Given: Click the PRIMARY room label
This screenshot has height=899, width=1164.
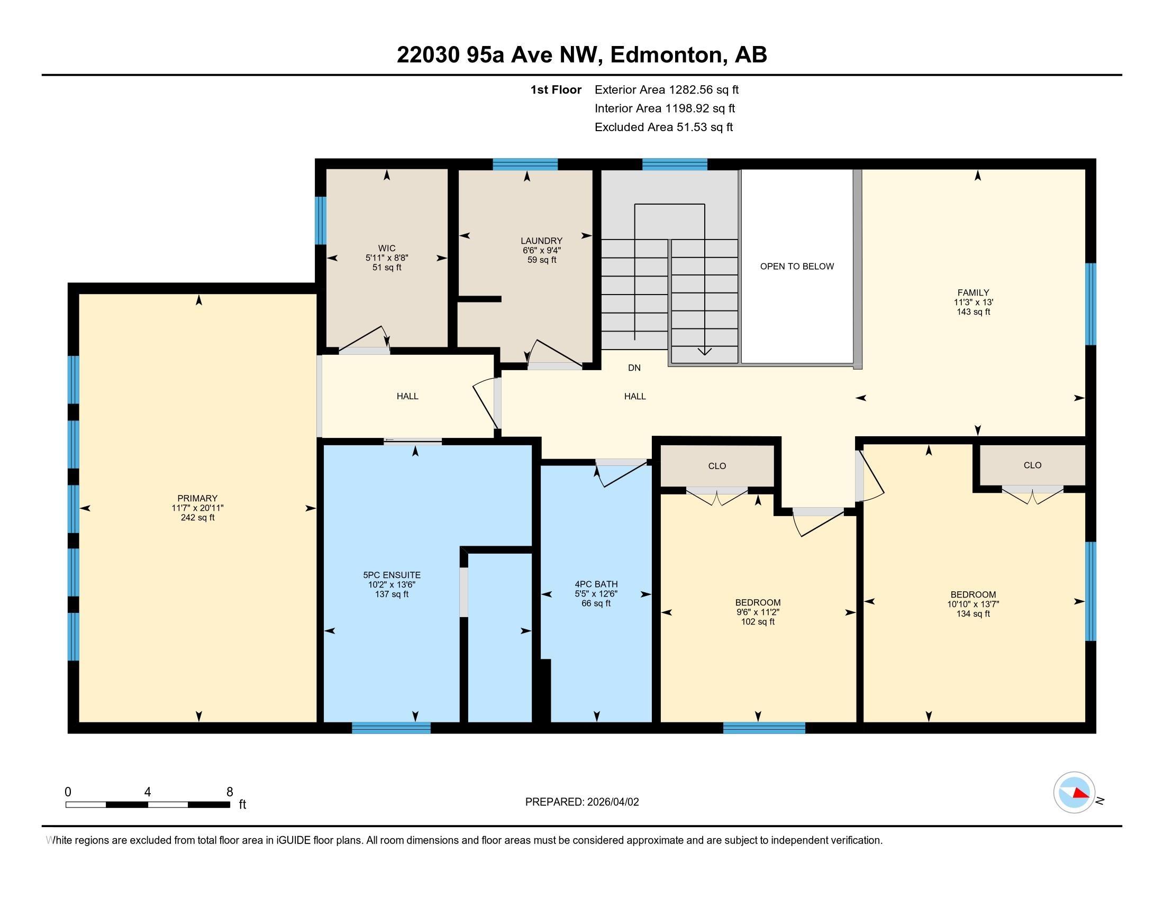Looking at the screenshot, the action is pos(197,499).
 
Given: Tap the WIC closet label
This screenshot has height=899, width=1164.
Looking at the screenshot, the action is pos(387,248).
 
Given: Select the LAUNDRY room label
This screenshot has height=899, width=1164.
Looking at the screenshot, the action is pos(541,241).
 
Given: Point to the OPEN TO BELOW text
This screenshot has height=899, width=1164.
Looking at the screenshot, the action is pos(797,267).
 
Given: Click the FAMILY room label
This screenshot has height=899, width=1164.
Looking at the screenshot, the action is pos(973,292).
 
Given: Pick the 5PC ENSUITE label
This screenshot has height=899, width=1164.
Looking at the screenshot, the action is pos(392,575).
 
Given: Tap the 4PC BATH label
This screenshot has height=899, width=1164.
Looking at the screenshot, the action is pos(596,584).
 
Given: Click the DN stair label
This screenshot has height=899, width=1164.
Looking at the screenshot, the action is pos(634,368).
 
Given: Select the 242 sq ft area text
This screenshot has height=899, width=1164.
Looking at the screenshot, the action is pos(197,518).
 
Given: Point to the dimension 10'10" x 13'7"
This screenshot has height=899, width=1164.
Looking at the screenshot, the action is pos(973,604).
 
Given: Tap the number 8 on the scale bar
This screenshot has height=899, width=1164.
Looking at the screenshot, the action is pos(230,792).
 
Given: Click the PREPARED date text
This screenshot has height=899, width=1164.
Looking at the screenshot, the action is pos(582,802).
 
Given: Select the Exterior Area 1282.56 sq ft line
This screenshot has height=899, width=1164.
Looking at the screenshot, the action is pos(667,89).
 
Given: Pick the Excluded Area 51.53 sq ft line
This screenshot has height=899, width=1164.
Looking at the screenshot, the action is pos(664,127).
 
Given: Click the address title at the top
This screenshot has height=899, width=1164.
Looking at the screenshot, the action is pos(582,54).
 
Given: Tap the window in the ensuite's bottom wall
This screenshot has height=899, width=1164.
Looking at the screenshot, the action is pos(391,728).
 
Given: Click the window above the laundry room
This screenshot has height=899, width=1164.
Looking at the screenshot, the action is pos(525,164).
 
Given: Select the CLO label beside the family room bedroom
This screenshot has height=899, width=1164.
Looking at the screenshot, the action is pos(1032,465).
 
